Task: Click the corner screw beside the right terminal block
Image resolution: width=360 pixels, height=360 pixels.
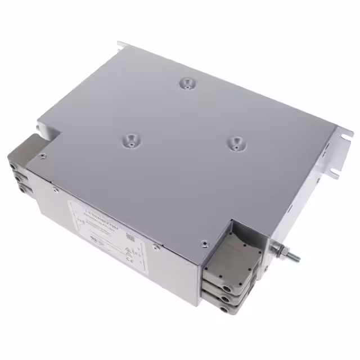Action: pyautogui.click(x=204, y=244)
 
